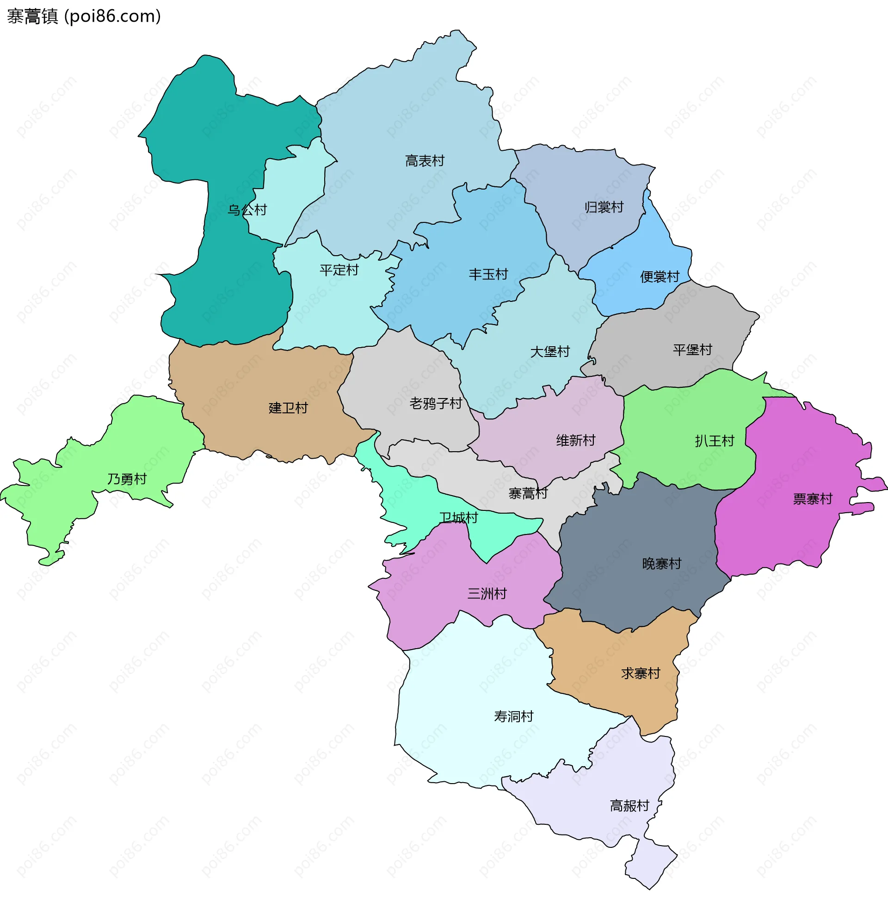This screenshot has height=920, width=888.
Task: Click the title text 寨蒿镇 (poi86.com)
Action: coord(84,17)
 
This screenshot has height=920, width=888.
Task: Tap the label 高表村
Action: coord(425,161)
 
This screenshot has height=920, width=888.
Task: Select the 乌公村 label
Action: coord(247,210)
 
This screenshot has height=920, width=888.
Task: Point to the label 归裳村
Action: coord(604,207)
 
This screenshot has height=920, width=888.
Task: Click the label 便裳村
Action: coord(660,276)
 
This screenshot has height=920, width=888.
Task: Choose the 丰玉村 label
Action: coord(488,274)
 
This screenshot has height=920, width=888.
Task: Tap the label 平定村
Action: coord(339,270)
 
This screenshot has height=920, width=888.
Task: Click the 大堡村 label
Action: coord(549,351)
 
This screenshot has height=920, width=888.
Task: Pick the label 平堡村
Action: coord(692,349)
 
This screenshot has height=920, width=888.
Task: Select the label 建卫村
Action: coord(288,407)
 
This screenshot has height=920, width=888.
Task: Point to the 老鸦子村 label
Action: coord(435,403)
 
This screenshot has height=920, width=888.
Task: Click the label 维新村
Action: coord(575,440)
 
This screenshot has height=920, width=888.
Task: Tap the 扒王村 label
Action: coord(714,440)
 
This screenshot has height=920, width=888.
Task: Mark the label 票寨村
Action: coord(813,498)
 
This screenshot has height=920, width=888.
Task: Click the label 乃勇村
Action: coord(127,479)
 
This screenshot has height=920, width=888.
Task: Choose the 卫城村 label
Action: coord(458,517)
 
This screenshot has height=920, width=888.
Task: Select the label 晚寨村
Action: coord(661,563)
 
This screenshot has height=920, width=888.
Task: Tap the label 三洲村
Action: coord(487,594)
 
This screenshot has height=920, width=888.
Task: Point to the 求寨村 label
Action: coord(641,673)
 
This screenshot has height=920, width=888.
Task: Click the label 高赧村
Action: coord(629,805)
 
